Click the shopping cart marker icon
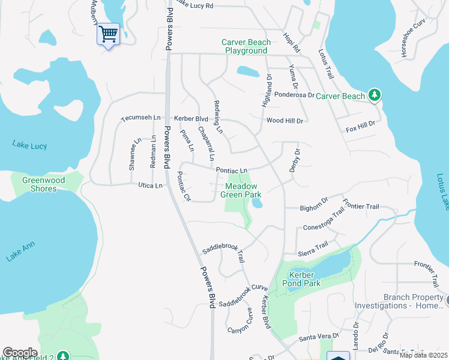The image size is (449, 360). pyautogui.click(x=108, y=34)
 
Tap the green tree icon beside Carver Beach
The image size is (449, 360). pyautogui.click(x=375, y=95)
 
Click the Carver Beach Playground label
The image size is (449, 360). pyautogui.click(x=246, y=46)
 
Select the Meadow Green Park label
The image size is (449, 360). pyautogui.click(x=241, y=190)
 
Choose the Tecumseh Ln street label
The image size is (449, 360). pyautogui.click(x=141, y=119)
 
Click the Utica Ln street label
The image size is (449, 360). pyautogui.click(x=150, y=185)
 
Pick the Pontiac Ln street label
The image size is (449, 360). pyautogui.click(x=232, y=171)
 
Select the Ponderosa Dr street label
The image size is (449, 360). pyautogui.click(x=294, y=95)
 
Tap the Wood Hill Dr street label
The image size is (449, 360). pyautogui.click(x=285, y=121)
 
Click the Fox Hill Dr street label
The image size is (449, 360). pyautogui.click(x=360, y=127)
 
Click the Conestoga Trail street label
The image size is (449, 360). pyautogui.click(x=324, y=223)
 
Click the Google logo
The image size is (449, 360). pyautogui.click(x=20, y=353)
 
